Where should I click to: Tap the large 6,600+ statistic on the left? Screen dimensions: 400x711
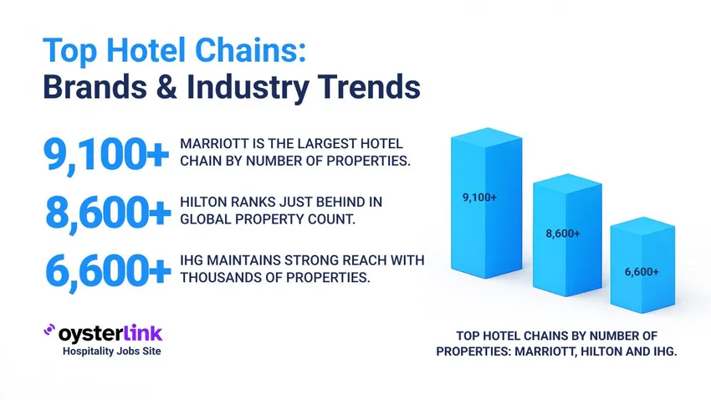tap(105, 270)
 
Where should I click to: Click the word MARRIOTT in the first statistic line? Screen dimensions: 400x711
tap(213, 145)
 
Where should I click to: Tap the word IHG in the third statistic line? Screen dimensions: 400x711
tap(192, 261)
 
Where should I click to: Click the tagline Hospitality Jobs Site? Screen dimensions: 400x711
tap(112, 351)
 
